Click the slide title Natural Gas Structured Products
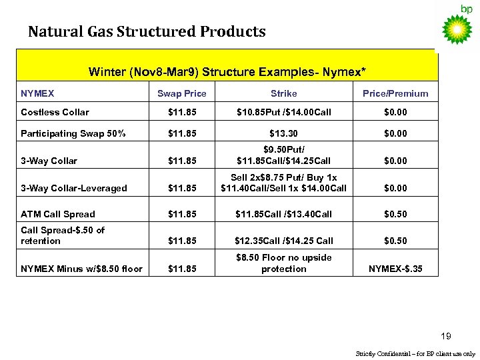(147, 31)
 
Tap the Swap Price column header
(181, 93)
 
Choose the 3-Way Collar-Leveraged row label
(74, 188)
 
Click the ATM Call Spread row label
(58, 214)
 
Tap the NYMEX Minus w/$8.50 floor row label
(82, 269)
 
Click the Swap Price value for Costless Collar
(181, 112)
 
